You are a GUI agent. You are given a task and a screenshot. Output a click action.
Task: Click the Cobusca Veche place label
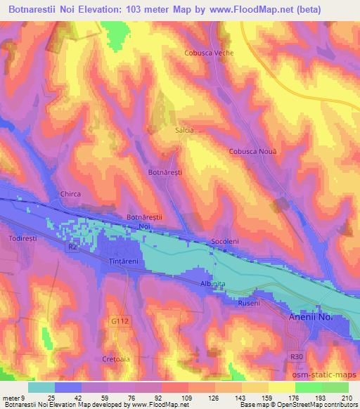point(208,53)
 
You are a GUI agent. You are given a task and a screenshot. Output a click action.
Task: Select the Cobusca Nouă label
point(253,152)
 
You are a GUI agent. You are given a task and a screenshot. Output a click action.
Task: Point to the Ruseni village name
point(249,303)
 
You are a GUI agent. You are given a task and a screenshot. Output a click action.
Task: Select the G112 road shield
point(120,320)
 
